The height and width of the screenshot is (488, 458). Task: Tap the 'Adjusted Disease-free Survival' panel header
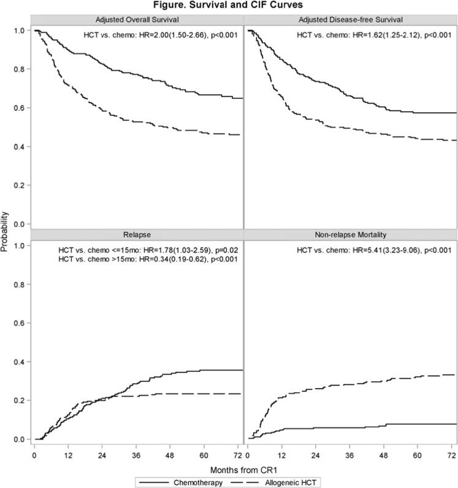tap(350, 20)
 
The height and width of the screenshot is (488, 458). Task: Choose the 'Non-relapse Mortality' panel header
tap(350, 234)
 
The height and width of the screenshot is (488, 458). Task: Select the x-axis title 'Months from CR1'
tap(244, 470)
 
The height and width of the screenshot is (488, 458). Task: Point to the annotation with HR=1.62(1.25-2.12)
tap(374, 34)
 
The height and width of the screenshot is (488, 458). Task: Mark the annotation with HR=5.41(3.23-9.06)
tap(374, 249)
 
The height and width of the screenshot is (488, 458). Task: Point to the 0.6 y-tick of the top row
tap(22, 108)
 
